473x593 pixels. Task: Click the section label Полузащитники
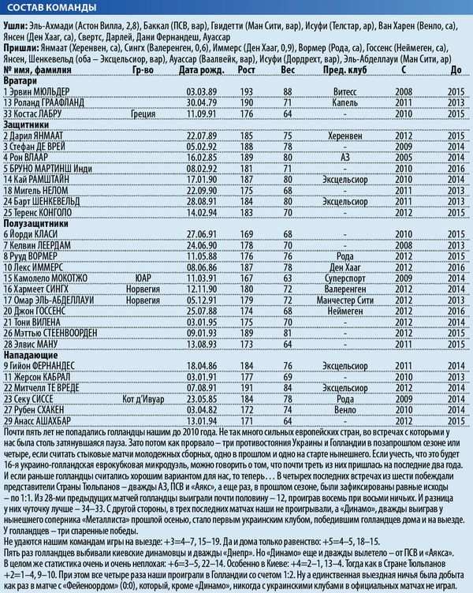click(38, 223)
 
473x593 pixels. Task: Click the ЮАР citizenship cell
click(143, 278)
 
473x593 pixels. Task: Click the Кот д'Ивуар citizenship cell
click(143, 398)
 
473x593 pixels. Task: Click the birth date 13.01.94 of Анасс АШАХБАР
click(201, 420)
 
